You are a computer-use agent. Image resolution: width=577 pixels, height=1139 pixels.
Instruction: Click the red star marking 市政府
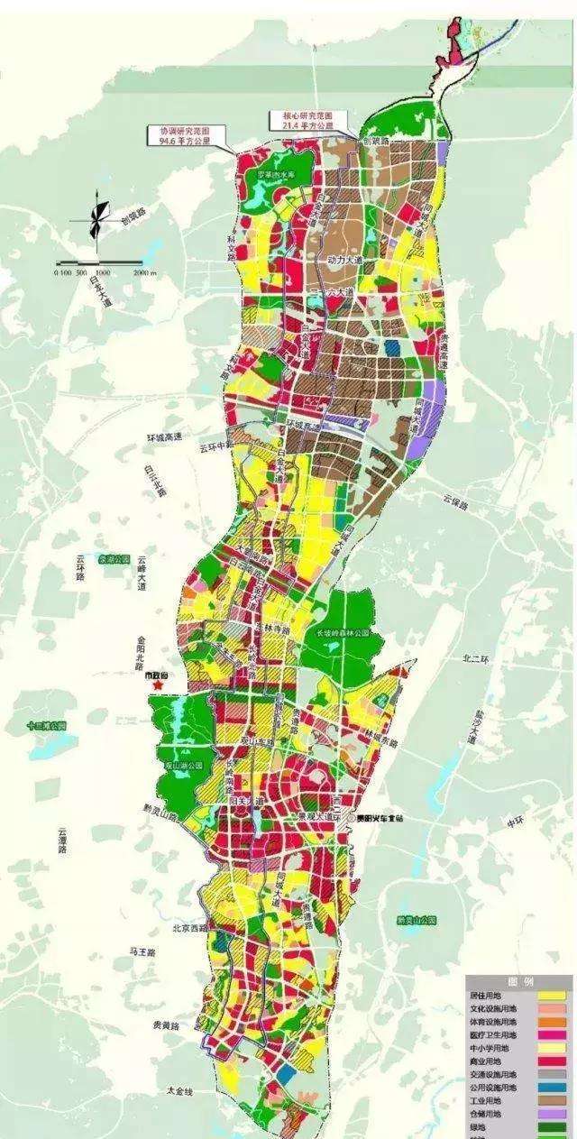pos(160,687)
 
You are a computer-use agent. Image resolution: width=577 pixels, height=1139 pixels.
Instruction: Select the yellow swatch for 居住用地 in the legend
pos(551,995)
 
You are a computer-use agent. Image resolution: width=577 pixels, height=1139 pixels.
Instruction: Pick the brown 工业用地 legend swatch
pos(551,1101)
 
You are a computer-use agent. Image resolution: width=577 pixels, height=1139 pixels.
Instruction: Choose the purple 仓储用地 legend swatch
pos(551,1115)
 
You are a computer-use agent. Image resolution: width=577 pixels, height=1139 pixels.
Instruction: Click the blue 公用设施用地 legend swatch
pos(551,1088)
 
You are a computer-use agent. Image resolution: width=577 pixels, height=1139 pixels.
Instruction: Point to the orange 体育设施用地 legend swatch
pos(551,1022)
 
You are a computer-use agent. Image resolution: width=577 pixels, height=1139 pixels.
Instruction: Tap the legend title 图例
pos(522,981)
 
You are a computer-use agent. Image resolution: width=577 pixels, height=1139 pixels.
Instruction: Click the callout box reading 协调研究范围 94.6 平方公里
pos(184,135)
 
